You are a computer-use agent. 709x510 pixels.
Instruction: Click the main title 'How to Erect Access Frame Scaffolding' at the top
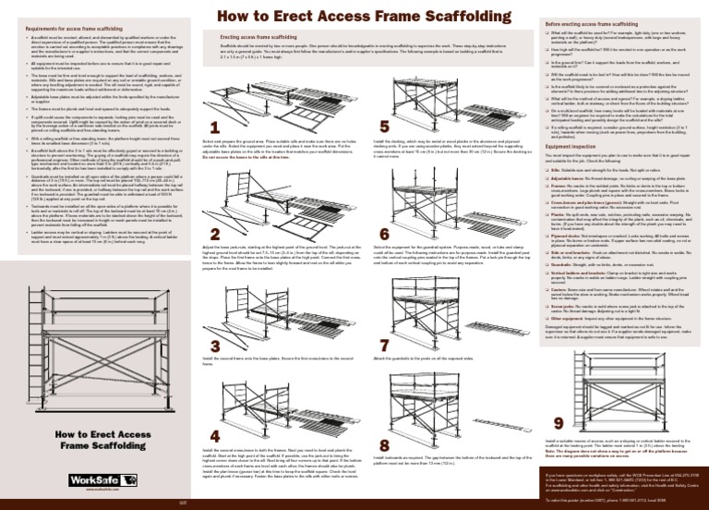pos(355,16)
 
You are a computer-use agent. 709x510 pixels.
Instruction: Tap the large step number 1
pos(214,127)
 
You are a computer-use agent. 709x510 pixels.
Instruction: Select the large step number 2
pos(214,236)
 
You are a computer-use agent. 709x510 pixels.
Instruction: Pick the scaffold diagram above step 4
pos(277,402)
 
